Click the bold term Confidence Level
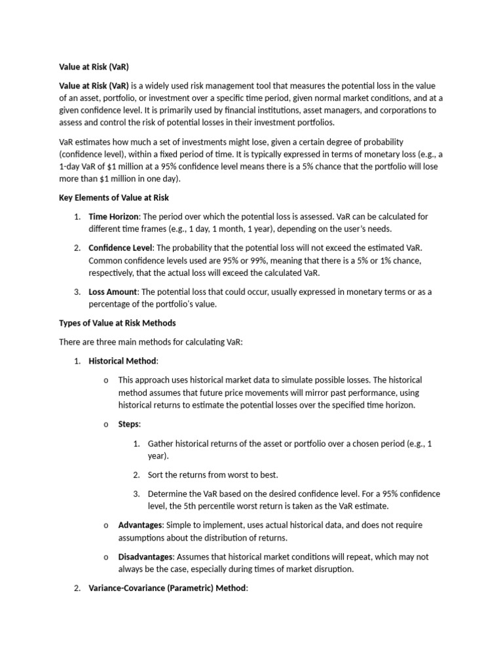click(x=120, y=248)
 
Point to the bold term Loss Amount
click(x=112, y=292)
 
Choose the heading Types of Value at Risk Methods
click(x=117, y=323)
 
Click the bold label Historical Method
click(x=122, y=361)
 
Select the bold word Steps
click(x=128, y=424)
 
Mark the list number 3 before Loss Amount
click(x=77, y=292)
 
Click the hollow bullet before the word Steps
click(x=106, y=425)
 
